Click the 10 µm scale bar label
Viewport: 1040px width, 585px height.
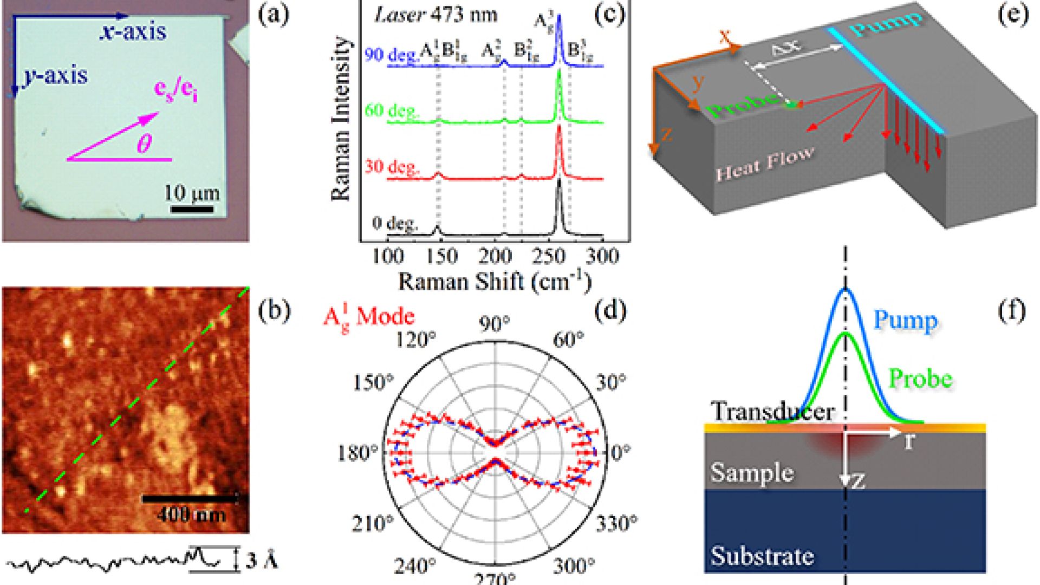192,193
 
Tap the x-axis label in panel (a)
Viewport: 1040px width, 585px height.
133,32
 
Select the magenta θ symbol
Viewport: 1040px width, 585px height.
144,144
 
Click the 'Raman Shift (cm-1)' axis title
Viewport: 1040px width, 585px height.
495,282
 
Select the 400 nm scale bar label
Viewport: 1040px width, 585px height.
191,513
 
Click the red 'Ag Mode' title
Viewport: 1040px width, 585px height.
368,317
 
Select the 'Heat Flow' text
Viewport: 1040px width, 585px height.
764,164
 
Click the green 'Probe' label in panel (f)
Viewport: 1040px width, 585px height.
920,379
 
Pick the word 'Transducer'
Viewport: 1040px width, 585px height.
772,412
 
